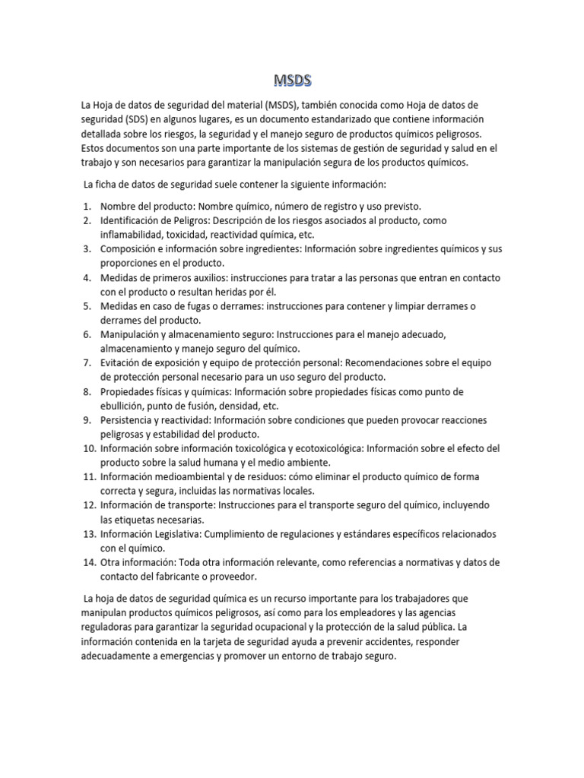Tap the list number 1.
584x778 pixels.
[87, 206]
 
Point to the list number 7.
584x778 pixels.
[87, 363]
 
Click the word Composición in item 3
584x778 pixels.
[131, 249]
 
